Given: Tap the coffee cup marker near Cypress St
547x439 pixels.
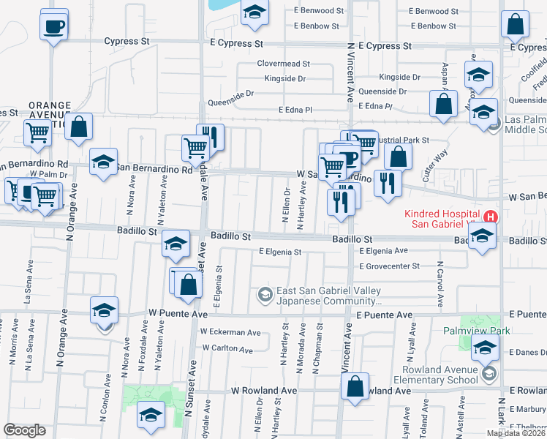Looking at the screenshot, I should point(55,27).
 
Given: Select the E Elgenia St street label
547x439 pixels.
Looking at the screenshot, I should point(280,252).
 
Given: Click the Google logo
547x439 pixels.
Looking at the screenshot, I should point(25,429).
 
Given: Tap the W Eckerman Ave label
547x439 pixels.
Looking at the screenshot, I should point(230,332).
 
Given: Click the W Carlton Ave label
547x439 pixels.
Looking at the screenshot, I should point(227,348).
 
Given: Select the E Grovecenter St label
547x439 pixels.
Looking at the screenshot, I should point(389,266).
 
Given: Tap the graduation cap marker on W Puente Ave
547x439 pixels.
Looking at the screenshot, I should point(104,311).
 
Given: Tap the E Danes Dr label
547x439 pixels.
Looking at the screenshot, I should point(526,352).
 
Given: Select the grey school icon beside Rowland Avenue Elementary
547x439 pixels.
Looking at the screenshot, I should point(488,375).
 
